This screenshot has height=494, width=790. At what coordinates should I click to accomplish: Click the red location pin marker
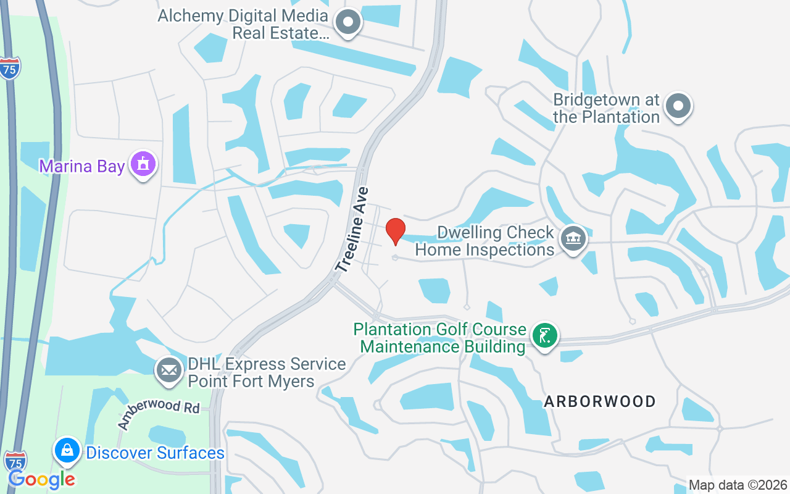pos(396,232)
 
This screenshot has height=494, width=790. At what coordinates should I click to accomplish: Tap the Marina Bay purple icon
pos(143,165)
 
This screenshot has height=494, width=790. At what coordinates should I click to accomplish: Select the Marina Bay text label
pos(82,166)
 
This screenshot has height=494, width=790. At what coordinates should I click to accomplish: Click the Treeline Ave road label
pos(353,230)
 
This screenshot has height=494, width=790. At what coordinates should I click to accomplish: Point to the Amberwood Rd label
pos(159,414)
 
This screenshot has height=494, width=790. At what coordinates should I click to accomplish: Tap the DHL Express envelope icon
pos(168,371)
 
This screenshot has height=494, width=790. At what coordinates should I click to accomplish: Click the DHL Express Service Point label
pos(267,372)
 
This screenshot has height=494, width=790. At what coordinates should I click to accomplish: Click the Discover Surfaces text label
pos(155,453)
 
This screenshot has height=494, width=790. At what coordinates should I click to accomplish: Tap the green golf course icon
pos(544,337)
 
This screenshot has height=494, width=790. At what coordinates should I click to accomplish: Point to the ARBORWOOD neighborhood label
pos(599,402)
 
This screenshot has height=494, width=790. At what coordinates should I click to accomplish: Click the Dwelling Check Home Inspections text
pos(485,241)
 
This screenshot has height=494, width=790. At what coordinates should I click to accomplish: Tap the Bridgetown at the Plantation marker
pos(678,106)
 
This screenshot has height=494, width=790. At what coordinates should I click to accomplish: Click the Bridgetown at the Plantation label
pos(606,108)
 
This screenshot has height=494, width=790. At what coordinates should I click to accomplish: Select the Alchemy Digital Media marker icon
pos(348,23)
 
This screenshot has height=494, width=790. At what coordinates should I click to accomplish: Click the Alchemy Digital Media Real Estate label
pos(242,24)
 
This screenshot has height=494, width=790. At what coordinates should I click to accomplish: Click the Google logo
pos(41,479)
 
